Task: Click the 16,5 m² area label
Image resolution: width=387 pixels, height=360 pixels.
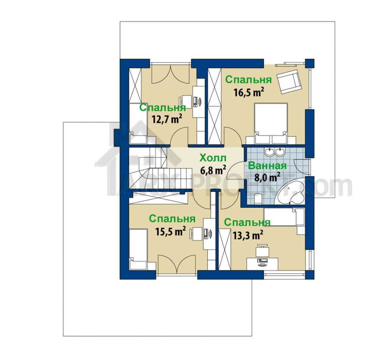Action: (249, 92)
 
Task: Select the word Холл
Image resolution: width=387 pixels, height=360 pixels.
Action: (213, 158)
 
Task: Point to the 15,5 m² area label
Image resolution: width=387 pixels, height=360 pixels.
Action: (170, 231)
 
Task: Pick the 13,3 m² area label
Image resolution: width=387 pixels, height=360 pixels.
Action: (247, 235)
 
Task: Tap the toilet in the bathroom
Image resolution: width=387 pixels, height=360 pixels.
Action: (258, 199)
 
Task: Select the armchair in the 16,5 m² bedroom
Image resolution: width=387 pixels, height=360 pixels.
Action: (289, 81)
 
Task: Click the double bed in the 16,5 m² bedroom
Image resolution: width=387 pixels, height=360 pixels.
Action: (271, 123)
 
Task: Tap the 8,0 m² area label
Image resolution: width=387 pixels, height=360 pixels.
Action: (267, 177)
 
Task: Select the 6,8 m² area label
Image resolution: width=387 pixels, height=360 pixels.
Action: (213, 170)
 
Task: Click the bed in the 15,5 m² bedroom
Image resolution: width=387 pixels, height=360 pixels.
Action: (138, 249)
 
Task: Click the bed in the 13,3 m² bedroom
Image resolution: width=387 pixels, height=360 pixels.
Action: (284, 217)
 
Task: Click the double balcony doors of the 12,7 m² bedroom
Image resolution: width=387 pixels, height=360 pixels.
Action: (170, 74)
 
